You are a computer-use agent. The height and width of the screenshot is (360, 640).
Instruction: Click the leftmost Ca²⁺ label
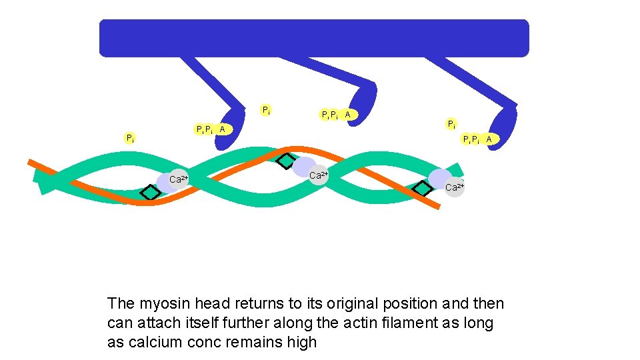(x=179, y=179)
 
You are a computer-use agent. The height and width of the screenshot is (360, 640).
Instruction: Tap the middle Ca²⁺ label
(x=319, y=175)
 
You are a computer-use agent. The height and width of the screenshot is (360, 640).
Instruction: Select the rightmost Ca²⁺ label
(x=454, y=187)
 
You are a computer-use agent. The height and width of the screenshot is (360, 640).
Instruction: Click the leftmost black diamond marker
(x=151, y=192)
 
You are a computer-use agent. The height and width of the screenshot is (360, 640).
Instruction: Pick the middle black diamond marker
(x=286, y=160)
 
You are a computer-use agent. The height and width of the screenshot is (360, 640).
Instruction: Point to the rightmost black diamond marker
(x=422, y=189)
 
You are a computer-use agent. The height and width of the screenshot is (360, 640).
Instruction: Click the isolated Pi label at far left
(x=131, y=138)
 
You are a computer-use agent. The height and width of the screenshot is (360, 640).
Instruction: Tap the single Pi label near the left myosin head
(x=266, y=110)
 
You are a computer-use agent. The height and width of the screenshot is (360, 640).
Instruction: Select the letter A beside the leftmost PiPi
(x=223, y=129)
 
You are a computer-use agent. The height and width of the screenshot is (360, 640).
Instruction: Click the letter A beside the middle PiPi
(x=347, y=115)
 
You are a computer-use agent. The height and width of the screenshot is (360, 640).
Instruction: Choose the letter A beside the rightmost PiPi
(x=489, y=139)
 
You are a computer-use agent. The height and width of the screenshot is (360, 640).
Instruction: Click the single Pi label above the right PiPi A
(x=451, y=124)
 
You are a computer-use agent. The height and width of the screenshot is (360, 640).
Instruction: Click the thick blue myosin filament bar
(x=313, y=37)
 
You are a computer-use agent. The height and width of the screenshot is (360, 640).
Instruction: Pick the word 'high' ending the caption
(x=301, y=343)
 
